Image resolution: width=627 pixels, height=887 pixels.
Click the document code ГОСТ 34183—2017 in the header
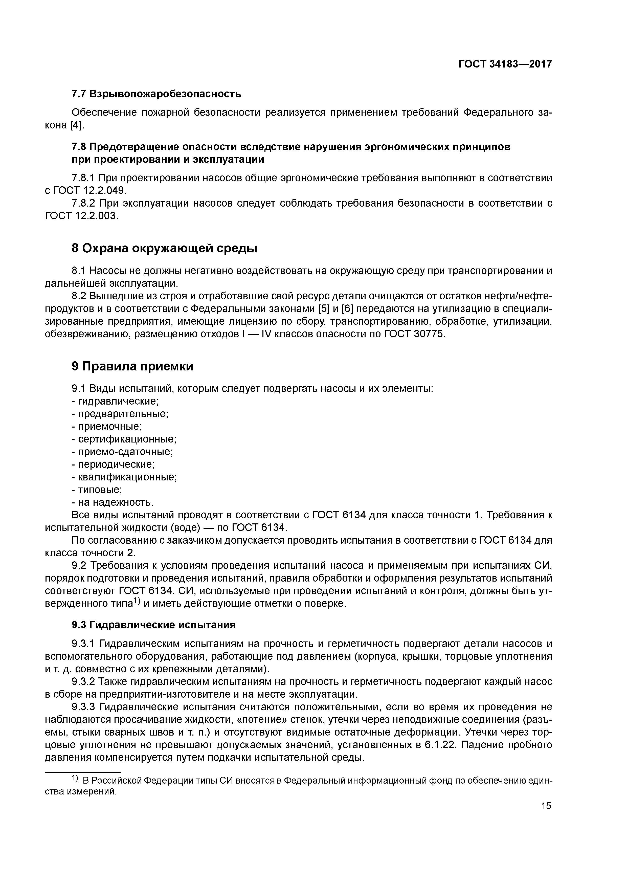point(505,64)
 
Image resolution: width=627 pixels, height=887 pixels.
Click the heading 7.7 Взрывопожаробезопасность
point(156,94)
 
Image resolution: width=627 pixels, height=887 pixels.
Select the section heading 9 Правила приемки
point(132,366)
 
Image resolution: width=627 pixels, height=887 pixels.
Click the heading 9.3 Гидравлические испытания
point(153,625)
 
